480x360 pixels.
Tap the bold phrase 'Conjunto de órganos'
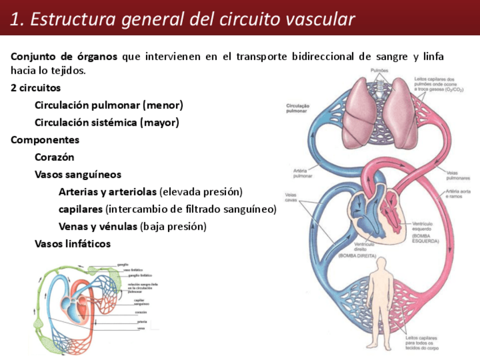(x=64, y=57)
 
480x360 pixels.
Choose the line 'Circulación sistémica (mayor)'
(x=106, y=122)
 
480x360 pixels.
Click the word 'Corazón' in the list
(x=54, y=157)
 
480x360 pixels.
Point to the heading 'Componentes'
(x=45, y=140)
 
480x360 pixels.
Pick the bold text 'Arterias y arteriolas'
(x=108, y=192)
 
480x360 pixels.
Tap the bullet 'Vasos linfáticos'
(x=72, y=244)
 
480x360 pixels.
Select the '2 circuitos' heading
(x=36, y=88)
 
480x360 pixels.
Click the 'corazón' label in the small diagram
(x=141, y=312)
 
